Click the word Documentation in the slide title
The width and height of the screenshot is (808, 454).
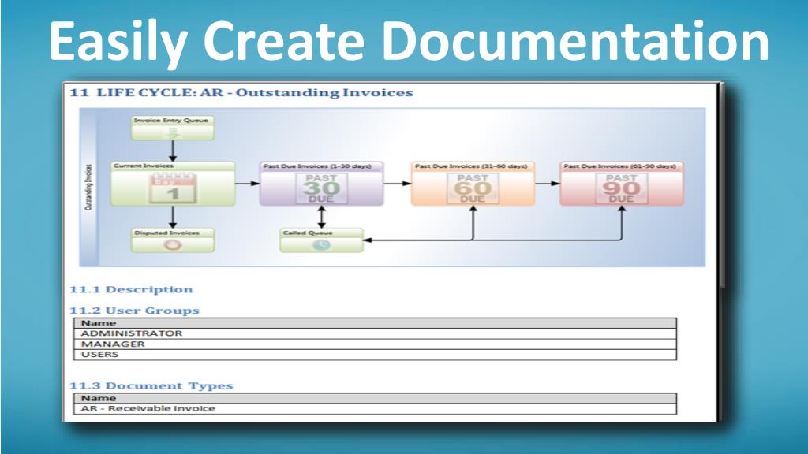[x=579, y=43]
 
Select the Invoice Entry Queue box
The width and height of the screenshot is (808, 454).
[x=172, y=128]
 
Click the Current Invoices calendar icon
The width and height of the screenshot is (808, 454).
[x=172, y=189]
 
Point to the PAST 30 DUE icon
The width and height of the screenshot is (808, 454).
[x=321, y=189]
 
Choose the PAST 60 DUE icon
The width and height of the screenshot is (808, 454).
[x=473, y=189]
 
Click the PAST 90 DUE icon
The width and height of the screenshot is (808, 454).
[x=621, y=189]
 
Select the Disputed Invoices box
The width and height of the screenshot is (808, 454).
[x=172, y=240]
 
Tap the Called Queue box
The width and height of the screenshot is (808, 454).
[x=321, y=240]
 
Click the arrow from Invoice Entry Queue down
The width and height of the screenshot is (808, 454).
[x=172, y=151]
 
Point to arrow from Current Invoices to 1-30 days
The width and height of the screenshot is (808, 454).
[x=248, y=183]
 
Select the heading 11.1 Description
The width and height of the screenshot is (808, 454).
[x=131, y=289]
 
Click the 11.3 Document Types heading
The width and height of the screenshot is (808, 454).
[x=151, y=385]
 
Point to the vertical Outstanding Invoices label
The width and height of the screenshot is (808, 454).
[x=88, y=188]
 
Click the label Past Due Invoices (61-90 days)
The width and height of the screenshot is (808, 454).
[x=619, y=166]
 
